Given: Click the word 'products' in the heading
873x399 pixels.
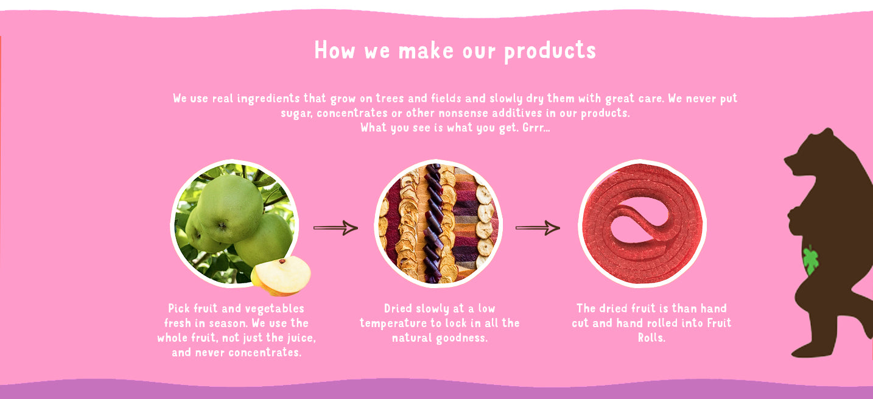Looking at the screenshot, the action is pos(550,52).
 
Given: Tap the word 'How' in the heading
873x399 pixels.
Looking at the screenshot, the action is pos(334,51).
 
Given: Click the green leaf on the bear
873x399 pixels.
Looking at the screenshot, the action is pos(811,260).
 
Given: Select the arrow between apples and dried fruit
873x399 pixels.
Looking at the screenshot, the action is pos(335,228).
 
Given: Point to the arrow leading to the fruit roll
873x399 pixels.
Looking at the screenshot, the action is pos(538,228).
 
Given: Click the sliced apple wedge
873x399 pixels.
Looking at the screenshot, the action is pos(281,275).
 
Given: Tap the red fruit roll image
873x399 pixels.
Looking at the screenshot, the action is pos(642,224).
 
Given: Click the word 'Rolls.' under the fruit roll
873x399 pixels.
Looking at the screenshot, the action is pos(651,337).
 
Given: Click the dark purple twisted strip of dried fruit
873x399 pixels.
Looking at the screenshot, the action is pos(433,223).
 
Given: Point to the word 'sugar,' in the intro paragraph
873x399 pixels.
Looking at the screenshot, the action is pos(296,113).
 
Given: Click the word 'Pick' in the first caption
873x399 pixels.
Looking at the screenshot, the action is pos(179,308).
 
